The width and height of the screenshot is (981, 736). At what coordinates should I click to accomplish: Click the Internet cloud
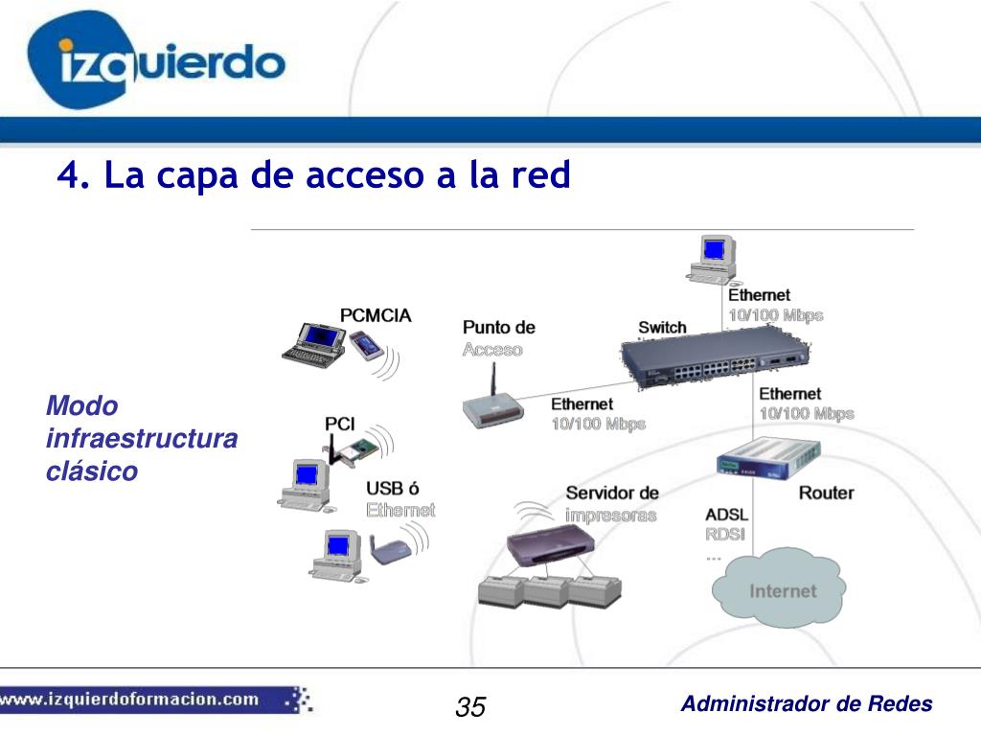click(781, 589)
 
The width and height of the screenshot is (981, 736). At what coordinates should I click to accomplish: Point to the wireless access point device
click(492, 408)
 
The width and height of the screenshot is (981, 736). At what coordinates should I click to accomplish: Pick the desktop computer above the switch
click(713, 257)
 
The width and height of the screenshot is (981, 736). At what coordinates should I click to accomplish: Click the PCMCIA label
click(376, 315)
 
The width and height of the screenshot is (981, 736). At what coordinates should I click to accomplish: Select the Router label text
click(826, 493)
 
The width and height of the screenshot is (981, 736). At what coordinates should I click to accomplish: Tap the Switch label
click(662, 327)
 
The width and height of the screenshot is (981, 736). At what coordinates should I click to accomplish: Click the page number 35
click(470, 707)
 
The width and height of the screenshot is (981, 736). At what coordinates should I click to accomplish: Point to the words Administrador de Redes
click(806, 704)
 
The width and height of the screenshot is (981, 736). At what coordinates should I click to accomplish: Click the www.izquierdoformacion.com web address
click(129, 699)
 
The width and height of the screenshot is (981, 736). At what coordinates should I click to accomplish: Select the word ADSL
click(726, 515)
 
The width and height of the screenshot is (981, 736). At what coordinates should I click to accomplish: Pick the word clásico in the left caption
click(92, 471)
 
